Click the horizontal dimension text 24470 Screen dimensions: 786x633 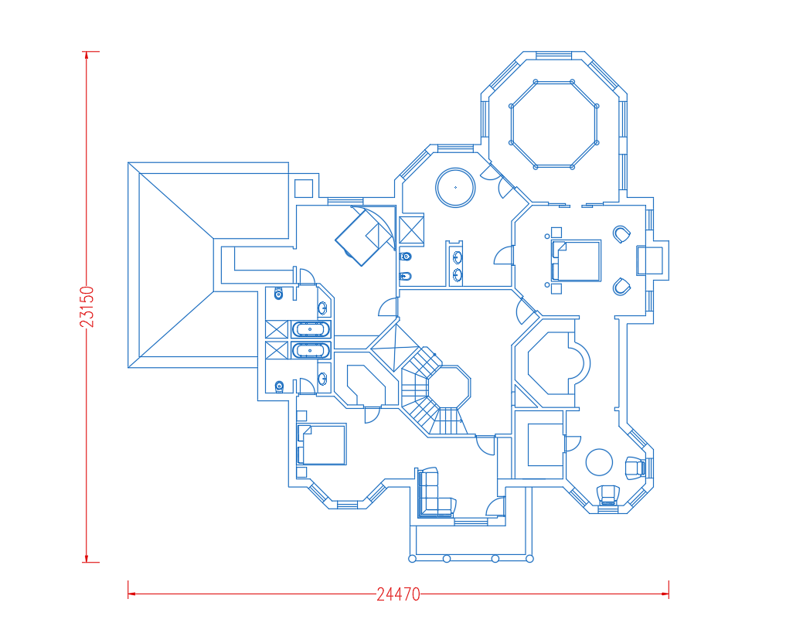click(x=399, y=594)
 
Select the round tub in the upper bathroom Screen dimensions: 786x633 click(x=455, y=188)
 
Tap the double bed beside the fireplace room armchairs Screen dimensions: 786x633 click(x=576, y=260)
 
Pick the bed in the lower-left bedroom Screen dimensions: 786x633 click(x=322, y=444)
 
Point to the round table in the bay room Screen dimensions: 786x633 click(x=599, y=461)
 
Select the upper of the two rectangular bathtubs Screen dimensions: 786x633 click(x=311, y=329)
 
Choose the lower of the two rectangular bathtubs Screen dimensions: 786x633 click(x=311, y=350)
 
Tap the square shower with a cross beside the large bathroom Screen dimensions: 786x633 click(x=411, y=230)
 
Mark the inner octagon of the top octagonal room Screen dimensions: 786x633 click(x=554, y=124)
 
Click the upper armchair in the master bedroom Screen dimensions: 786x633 click(x=621, y=234)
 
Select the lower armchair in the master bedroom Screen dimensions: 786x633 click(x=621, y=287)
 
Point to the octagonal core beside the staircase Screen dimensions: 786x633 click(x=449, y=387)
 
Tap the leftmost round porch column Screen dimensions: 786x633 click(x=413, y=558)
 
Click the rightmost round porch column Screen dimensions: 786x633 click(x=529, y=558)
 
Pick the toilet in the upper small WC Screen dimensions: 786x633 click(x=279, y=294)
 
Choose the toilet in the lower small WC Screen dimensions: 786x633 click(x=279, y=386)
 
